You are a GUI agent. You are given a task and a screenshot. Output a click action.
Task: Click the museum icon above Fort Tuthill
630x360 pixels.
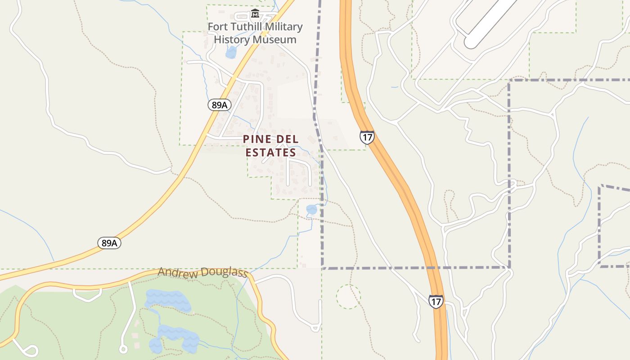pyautogui.click(x=255, y=13)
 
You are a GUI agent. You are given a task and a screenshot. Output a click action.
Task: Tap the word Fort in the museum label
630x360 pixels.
pyautogui.click(x=218, y=27)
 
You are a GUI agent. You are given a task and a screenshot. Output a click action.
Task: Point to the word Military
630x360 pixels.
pyautogui.click(x=284, y=27)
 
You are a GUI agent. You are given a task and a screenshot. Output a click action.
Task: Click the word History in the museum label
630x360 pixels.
pyautogui.click(x=232, y=40)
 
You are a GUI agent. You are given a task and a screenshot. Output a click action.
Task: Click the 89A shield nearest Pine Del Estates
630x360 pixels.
pyautogui.click(x=220, y=105)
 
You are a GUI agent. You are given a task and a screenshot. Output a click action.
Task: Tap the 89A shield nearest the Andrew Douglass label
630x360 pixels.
pyautogui.click(x=109, y=243)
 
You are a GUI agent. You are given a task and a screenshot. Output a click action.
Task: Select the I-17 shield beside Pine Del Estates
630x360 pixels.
pyautogui.click(x=367, y=137)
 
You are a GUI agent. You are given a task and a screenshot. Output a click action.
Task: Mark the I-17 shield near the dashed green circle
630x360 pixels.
pyautogui.click(x=436, y=301)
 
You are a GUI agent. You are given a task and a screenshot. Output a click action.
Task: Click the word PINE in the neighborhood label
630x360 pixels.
pyautogui.click(x=257, y=139)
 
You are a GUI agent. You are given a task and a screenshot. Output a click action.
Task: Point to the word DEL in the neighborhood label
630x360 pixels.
pyautogui.click(x=287, y=139)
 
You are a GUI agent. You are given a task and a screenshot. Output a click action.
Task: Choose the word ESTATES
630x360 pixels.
pyautogui.click(x=270, y=153)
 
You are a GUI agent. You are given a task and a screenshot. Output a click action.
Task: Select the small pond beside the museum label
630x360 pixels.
pyautogui.click(x=231, y=53)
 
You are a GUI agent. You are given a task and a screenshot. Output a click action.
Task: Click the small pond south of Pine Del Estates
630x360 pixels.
pyautogui.click(x=311, y=209)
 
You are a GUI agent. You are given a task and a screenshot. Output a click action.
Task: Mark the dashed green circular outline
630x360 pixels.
pyautogui.click(x=348, y=297)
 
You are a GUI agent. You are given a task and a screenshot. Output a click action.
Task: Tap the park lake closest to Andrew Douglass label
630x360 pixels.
pyautogui.click(x=167, y=299)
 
